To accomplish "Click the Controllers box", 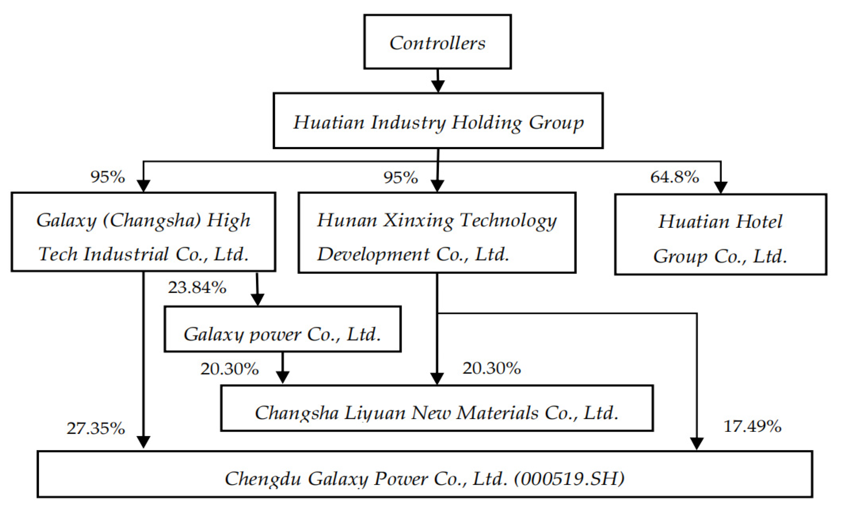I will pyautogui.click(x=437, y=42).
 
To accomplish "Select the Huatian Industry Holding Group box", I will pyautogui.click(x=438, y=121).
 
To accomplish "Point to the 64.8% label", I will pyautogui.click(x=674, y=177).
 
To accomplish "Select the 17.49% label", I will pyautogui.click(x=752, y=426).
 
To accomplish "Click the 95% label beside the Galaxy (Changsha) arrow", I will pyautogui.click(x=108, y=177).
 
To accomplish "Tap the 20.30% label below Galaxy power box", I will pyautogui.click(x=229, y=369).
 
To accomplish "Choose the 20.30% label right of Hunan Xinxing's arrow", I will pyautogui.click(x=491, y=368).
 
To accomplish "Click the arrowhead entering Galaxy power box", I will pyautogui.click(x=257, y=300).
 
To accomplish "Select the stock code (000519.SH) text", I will pyautogui.click(x=569, y=479).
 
